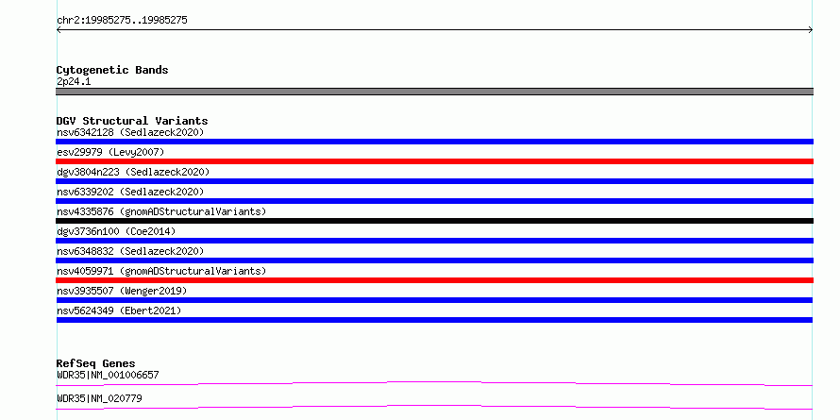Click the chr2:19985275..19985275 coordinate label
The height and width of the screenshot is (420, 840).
click(122, 21)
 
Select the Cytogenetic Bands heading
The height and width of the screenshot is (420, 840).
click(112, 70)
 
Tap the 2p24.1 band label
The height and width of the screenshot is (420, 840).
click(74, 82)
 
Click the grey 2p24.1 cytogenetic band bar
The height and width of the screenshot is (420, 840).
click(434, 92)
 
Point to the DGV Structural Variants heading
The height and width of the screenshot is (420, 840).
click(132, 121)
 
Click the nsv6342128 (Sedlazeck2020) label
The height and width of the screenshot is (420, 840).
click(130, 132)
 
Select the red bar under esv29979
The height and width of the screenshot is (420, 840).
click(434, 161)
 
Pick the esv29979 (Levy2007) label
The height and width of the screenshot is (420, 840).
click(110, 152)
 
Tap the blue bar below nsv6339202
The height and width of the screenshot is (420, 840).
click(434, 201)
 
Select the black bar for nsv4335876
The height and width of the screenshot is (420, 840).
click(434, 221)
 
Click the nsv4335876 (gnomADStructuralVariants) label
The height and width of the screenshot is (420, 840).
click(161, 211)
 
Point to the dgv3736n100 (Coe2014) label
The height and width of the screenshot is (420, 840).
click(116, 231)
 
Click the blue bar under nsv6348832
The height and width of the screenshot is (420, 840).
click(434, 260)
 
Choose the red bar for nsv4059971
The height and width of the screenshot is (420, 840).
click(434, 280)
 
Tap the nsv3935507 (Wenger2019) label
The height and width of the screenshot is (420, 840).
click(122, 291)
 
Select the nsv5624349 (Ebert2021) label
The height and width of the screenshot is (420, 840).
click(119, 311)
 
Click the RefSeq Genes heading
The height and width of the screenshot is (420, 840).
click(96, 363)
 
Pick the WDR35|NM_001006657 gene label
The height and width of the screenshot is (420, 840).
click(108, 375)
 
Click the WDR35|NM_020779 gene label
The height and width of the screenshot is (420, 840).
click(99, 398)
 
